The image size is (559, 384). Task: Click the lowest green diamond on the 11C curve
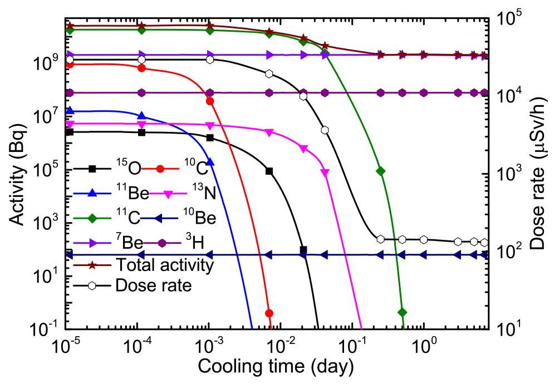[x=403, y=311]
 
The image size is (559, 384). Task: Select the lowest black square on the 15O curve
[x=303, y=249]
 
